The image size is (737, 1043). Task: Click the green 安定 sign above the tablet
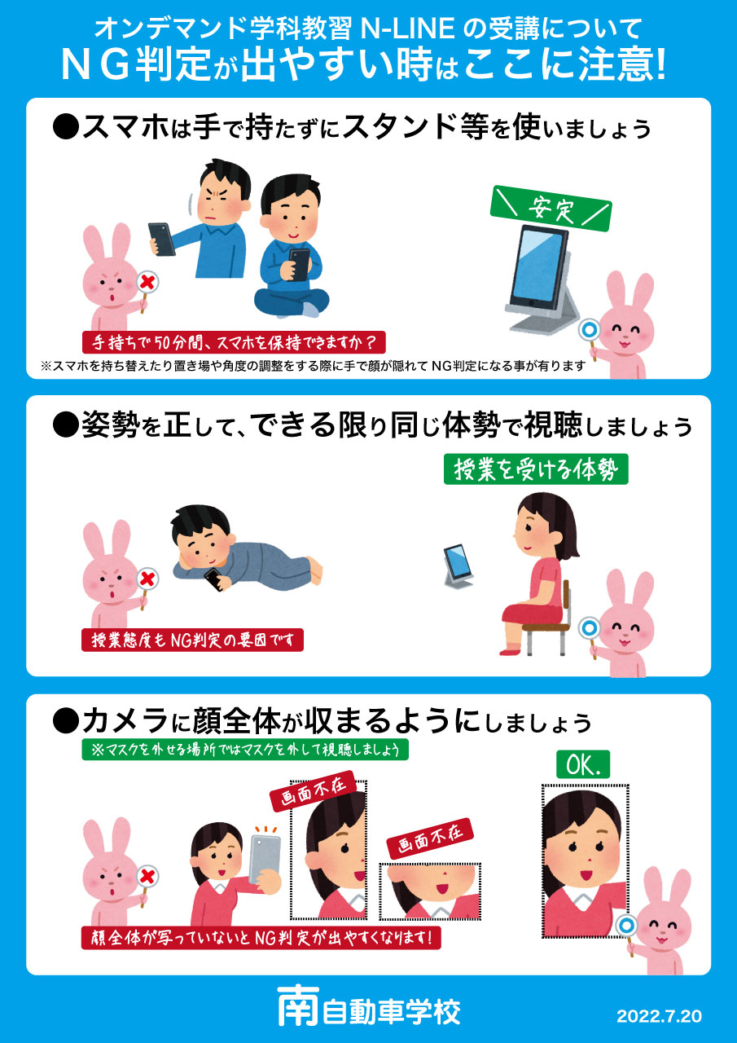tap(551, 209)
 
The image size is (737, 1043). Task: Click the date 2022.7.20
tap(659, 1016)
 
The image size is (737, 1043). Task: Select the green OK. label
tap(583, 764)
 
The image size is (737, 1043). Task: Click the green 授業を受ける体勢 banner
tap(536, 469)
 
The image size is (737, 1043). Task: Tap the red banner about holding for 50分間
tap(234, 342)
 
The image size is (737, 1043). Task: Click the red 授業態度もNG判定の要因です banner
tap(192, 640)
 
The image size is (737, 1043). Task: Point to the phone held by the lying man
tap(214, 579)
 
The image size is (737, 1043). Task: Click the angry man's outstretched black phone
tap(161, 239)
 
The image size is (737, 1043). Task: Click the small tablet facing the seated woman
tap(457, 566)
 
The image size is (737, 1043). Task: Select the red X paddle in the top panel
tap(147, 282)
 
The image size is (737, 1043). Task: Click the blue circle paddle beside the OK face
tap(625, 925)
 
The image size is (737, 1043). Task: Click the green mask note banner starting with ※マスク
tap(245, 750)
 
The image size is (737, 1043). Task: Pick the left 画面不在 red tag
tap(314, 790)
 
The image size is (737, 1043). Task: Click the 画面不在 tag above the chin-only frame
tap(430, 838)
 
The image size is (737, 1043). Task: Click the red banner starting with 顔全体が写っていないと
tap(261, 937)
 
